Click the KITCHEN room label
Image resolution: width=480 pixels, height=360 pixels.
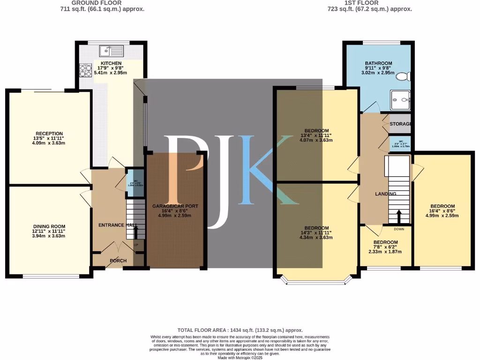click(111, 63)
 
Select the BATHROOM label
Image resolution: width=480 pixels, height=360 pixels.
click(378, 63)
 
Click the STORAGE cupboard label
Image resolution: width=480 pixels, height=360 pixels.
click(401, 124)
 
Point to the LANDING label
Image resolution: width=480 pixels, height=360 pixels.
click(386, 194)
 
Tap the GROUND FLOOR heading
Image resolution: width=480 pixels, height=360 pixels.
click(97, 2)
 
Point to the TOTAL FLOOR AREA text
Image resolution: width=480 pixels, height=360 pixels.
click(240, 330)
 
